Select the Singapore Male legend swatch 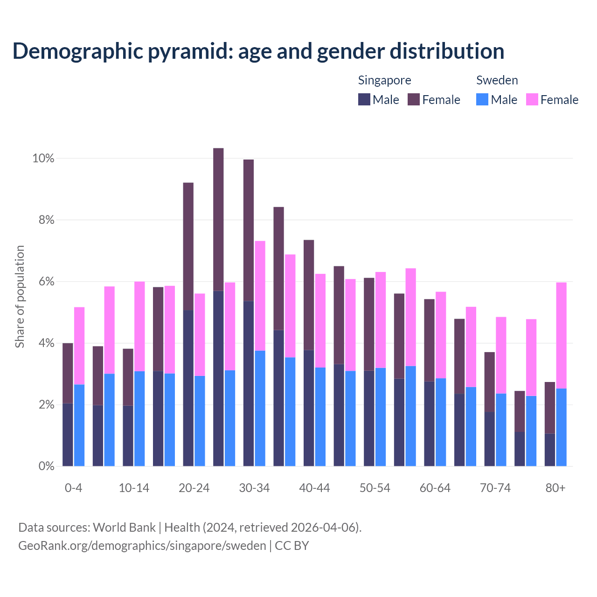364,99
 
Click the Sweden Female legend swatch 532,99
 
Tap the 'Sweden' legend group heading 497,80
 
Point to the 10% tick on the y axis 43,159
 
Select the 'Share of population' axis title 20,297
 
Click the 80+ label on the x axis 555,488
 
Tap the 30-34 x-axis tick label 254,488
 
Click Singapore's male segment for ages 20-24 188,388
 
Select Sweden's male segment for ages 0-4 79,425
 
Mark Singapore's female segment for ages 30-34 249,230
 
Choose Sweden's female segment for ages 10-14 139,326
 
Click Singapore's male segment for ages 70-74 489,439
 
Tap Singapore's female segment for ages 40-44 309,295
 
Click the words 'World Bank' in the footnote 124,528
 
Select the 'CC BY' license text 292,546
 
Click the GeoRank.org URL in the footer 142,546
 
